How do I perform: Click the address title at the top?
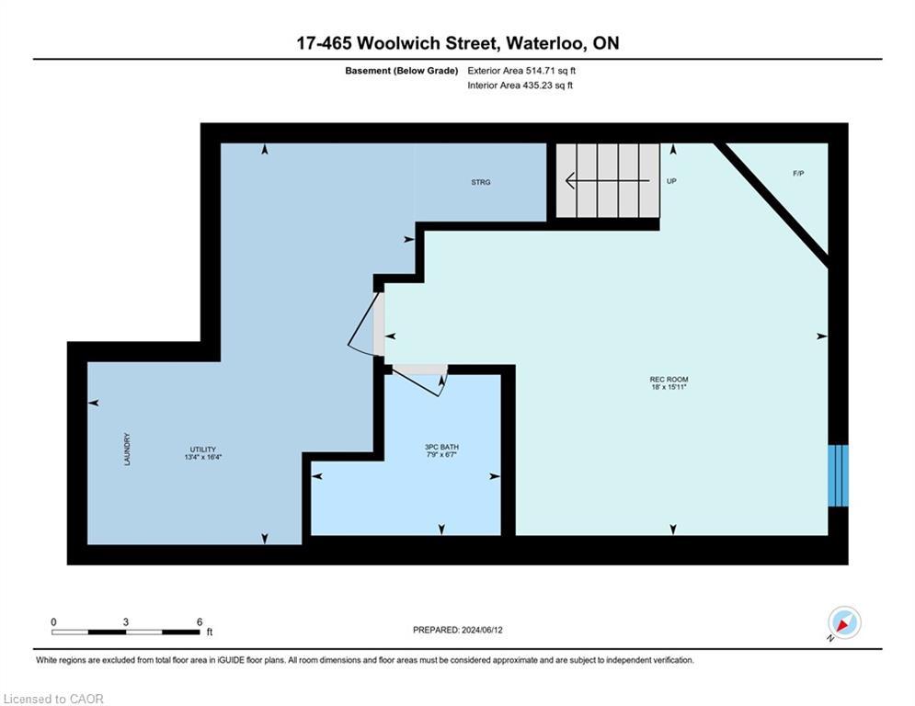click(457, 43)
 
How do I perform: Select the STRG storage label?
click(481, 182)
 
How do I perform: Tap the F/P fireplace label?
click(798, 174)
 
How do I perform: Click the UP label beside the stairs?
click(671, 182)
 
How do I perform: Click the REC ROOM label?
click(669, 380)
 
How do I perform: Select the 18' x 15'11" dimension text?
click(669, 388)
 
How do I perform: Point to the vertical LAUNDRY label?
click(128, 450)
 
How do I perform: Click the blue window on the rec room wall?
click(837, 474)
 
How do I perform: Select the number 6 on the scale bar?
click(200, 622)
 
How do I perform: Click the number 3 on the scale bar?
click(126, 622)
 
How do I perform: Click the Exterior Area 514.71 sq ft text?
click(521, 71)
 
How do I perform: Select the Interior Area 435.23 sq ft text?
click(520, 85)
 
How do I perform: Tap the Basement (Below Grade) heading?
click(401, 71)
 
